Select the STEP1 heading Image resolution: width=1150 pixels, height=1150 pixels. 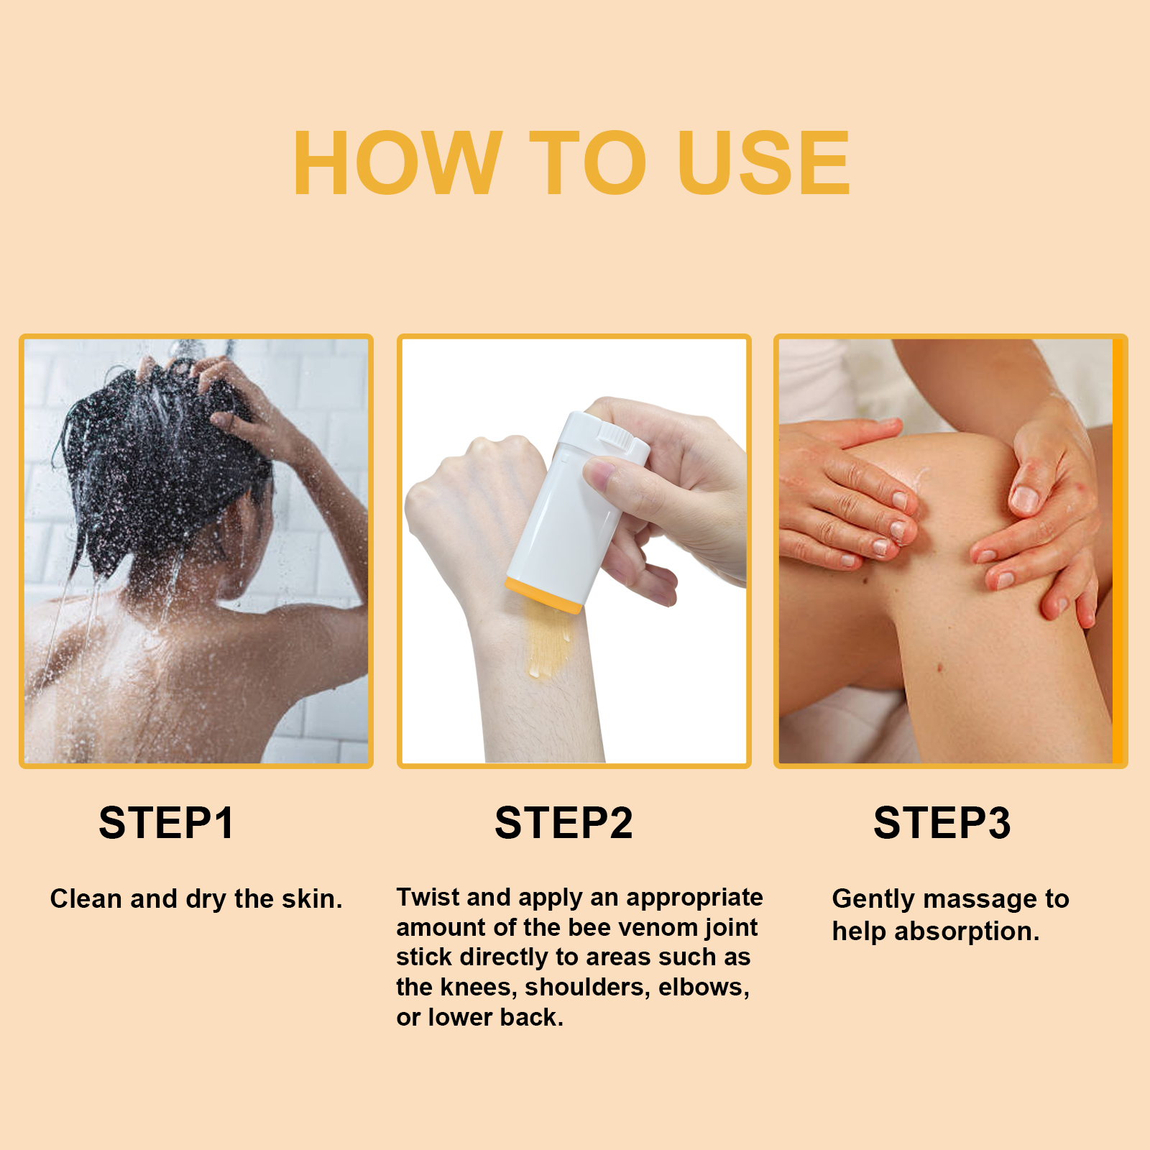point(166,823)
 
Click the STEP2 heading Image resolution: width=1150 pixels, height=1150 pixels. point(563,823)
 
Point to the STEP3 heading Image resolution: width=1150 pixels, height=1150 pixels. point(942,823)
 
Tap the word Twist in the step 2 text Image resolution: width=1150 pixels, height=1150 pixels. point(430,897)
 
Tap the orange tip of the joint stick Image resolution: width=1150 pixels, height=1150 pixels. point(543,595)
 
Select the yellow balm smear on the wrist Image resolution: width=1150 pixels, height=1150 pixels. point(547,640)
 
